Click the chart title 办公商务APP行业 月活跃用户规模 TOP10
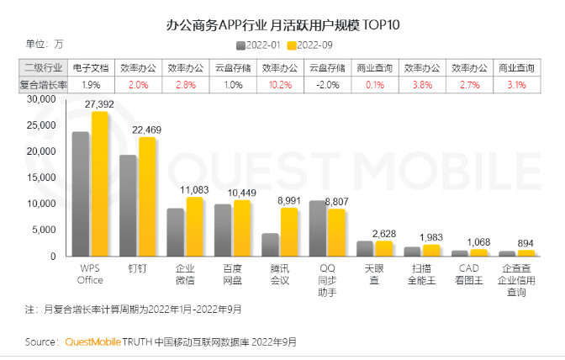282,23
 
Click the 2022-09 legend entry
311,45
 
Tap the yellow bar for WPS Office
100,185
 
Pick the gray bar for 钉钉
128,206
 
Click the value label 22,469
147,130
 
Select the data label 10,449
242,193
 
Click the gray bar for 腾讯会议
270,245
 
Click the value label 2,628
383,233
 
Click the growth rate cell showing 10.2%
281,85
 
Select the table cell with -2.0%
328,85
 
